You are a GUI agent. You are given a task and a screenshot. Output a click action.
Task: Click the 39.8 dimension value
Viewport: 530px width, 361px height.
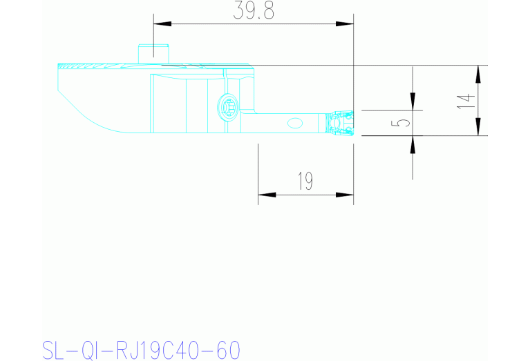(x=252, y=12)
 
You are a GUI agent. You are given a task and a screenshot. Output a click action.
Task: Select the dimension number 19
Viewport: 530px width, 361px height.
(x=305, y=182)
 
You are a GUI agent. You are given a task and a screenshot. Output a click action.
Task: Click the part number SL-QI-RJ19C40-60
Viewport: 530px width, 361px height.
(x=141, y=349)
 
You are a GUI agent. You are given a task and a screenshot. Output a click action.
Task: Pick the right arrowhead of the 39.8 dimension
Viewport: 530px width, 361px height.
(x=345, y=24)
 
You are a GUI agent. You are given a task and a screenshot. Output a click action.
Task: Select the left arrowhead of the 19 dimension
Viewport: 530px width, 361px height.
(x=267, y=194)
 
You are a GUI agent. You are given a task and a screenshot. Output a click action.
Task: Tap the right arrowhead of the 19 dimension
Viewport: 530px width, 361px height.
(x=345, y=194)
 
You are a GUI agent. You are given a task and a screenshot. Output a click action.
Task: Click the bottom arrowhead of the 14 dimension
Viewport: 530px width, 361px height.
(x=477, y=127)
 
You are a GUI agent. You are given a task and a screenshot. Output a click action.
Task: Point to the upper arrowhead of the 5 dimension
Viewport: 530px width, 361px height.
(x=413, y=102)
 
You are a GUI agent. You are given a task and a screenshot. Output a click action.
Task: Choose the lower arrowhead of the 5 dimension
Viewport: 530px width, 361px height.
(x=413, y=144)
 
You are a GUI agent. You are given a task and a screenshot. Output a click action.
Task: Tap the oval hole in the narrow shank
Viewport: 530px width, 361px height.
(x=294, y=123)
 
